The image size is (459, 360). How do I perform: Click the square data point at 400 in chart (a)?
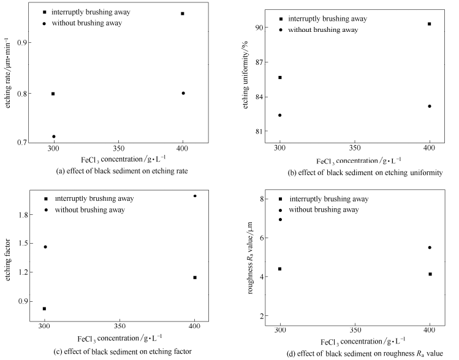183,13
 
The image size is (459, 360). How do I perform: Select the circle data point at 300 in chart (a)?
54,137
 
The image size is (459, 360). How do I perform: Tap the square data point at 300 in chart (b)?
280,77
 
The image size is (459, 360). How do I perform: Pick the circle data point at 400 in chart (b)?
430,106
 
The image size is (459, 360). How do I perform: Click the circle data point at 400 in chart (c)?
195,196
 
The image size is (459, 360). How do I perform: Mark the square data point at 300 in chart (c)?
44,309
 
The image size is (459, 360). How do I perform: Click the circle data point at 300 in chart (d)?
280,220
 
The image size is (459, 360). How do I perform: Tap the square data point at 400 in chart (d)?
430,274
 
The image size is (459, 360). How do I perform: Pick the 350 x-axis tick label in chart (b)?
354,148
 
